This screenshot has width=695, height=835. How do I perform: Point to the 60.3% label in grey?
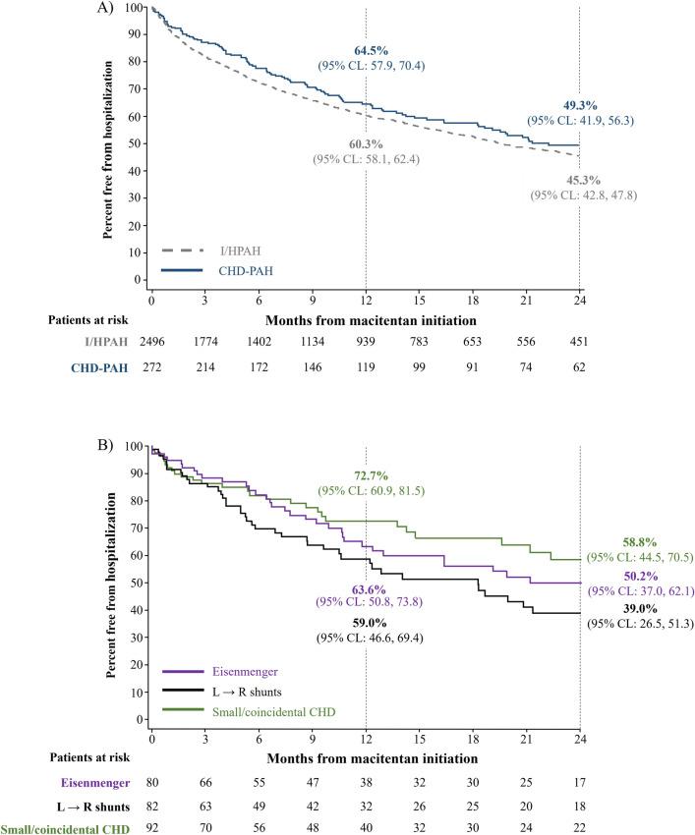[x=365, y=143]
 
